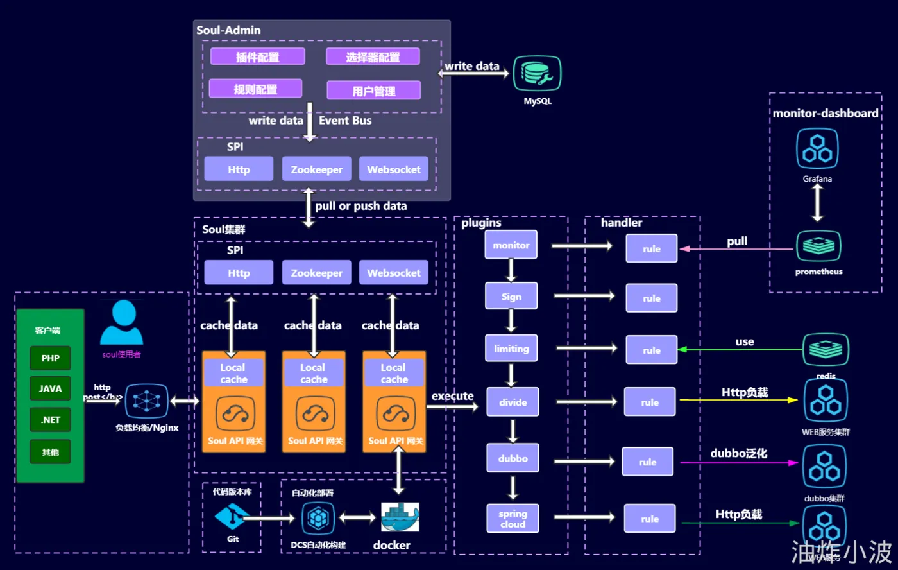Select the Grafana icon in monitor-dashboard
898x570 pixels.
tap(817, 148)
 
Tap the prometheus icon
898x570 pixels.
tap(818, 246)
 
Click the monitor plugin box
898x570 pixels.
tap(511, 245)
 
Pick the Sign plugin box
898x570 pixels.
tap(511, 297)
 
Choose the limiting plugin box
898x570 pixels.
tap(511, 349)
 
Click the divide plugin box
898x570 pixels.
tap(513, 402)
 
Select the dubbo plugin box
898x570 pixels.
tap(513, 458)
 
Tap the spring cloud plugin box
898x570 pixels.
tap(513, 519)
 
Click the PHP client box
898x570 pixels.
tap(50, 358)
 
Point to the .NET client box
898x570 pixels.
tap(50, 420)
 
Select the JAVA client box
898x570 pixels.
tap(50, 388)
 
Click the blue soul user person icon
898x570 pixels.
tap(122, 322)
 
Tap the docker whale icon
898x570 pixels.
tap(400, 517)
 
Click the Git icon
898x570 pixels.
tap(232, 517)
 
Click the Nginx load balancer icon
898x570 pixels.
tap(147, 401)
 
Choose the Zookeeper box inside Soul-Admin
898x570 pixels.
tap(316, 169)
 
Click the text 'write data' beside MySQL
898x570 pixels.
tap(472, 65)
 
